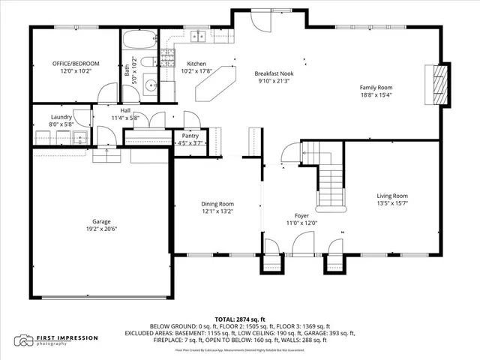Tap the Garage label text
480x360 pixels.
click(101, 221)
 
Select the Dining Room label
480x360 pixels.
click(217, 203)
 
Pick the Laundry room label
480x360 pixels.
click(61, 117)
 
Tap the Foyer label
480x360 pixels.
click(301, 214)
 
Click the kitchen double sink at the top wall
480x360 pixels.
click(200, 36)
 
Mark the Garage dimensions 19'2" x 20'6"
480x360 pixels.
click(101, 230)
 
